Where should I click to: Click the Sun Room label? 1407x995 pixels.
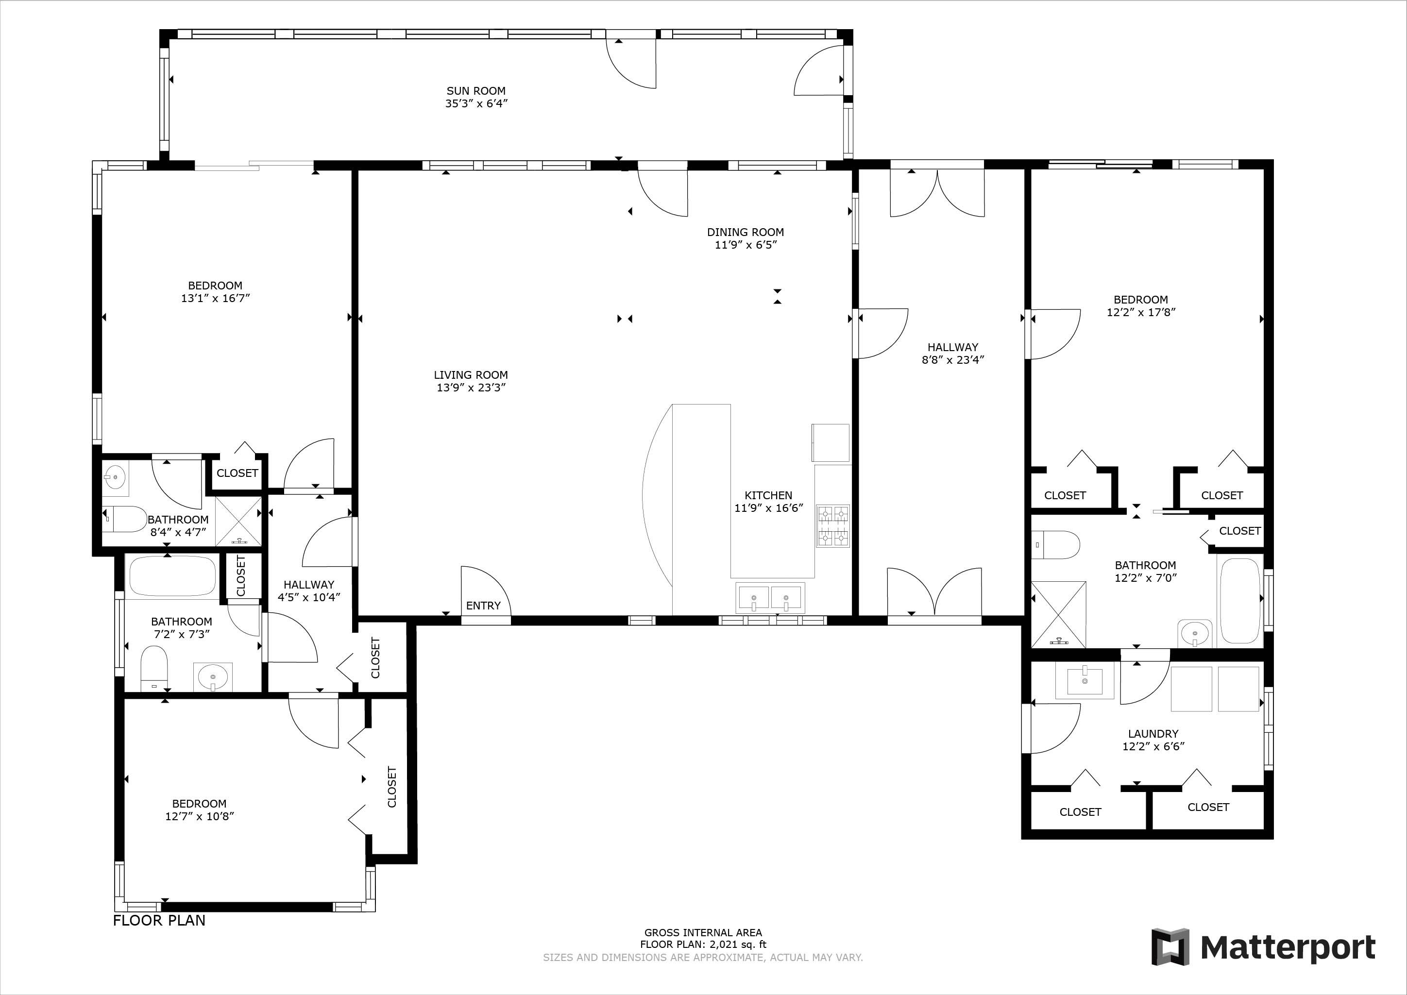(x=476, y=91)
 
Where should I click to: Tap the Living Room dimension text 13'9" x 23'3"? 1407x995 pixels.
(x=471, y=387)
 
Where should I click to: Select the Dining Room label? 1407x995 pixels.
(x=745, y=232)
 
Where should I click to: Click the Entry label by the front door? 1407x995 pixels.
(x=484, y=606)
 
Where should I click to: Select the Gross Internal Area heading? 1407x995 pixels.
(x=703, y=932)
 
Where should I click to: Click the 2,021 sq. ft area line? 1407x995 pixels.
(x=703, y=945)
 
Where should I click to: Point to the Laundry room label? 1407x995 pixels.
(x=1153, y=733)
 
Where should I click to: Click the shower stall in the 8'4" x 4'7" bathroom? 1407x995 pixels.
(x=238, y=522)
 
